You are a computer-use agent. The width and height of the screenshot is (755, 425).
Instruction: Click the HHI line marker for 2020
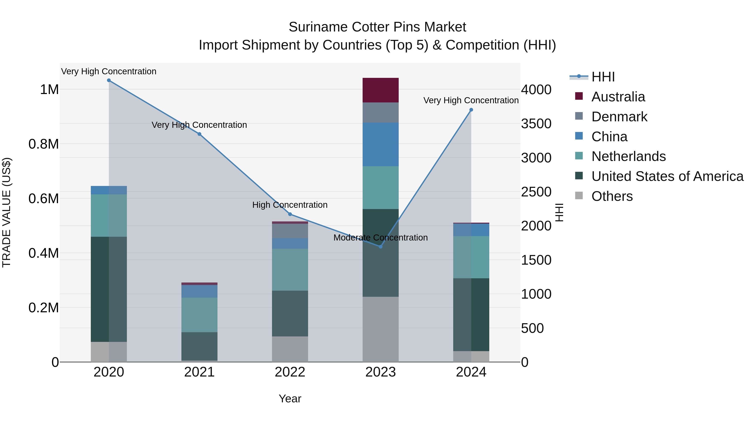click(x=109, y=80)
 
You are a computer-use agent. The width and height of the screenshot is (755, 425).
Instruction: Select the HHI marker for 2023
click(x=380, y=247)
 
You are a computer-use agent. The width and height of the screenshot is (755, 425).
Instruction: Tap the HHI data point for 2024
click(x=471, y=110)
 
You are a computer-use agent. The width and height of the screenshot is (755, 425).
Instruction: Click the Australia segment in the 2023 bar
click(x=380, y=90)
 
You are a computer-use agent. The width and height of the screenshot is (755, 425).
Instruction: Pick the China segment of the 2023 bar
click(x=380, y=145)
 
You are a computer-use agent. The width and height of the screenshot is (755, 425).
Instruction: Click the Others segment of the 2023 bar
click(x=380, y=329)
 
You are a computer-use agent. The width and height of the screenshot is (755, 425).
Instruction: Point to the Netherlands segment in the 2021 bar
click(x=199, y=315)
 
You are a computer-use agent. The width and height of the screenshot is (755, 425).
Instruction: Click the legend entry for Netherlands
click(x=628, y=156)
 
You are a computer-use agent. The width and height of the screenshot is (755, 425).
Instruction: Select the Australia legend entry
click(x=618, y=97)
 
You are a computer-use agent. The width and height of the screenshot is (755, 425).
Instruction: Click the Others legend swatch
click(x=579, y=196)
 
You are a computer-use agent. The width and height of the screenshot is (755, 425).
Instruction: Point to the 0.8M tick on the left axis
click(x=44, y=144)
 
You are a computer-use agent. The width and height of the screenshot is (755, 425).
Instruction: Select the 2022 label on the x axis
click(x=290, y=372)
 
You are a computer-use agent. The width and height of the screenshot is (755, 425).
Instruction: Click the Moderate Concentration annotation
click(x=380, y=238)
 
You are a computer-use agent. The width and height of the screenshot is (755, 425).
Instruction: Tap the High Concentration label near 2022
click(x=290, y=205)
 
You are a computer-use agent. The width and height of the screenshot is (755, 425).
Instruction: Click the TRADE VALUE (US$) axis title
click(x=7, y=212)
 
